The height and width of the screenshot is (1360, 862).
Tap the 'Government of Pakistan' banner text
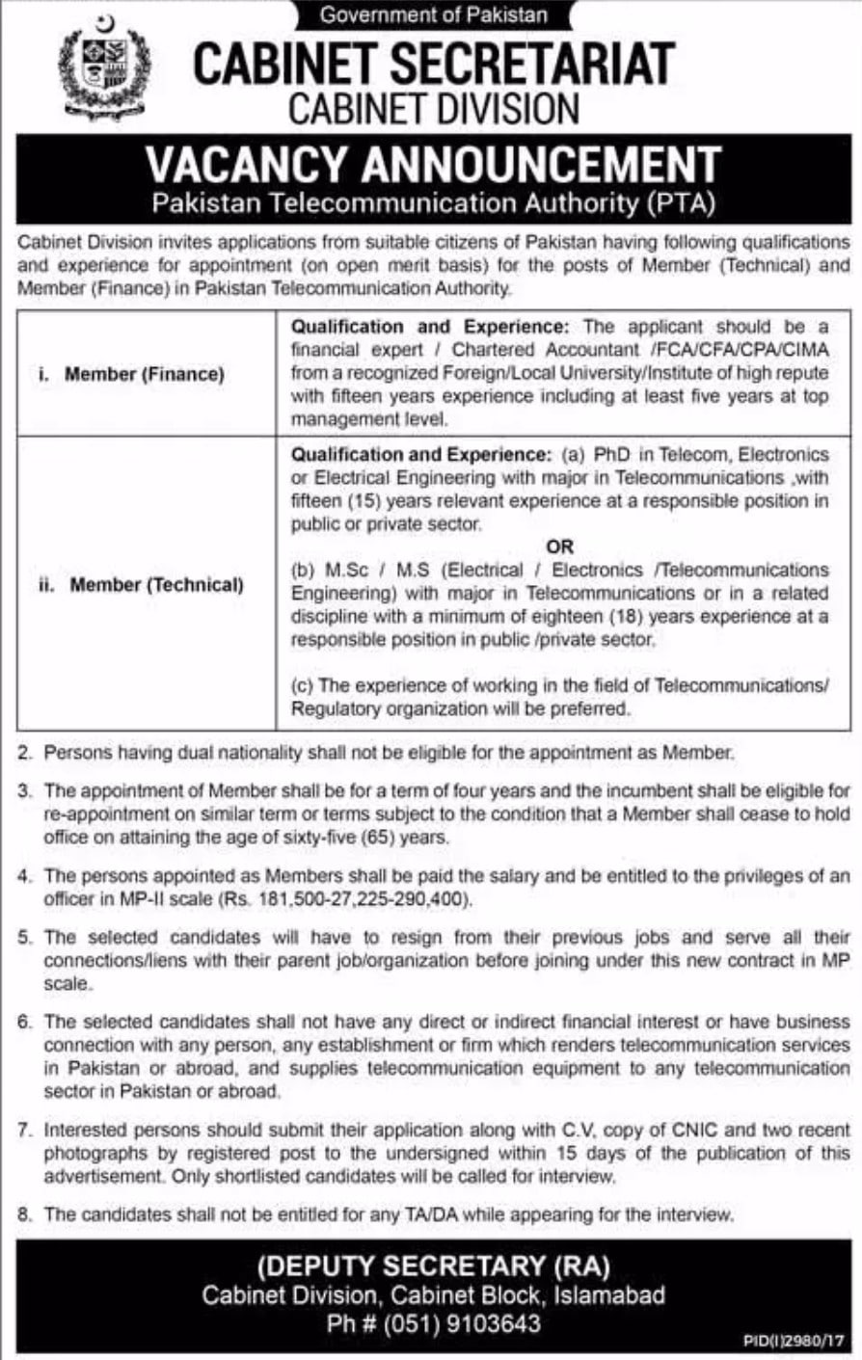(x=433, y=14)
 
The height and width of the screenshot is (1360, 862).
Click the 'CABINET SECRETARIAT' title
(x=433, y=63)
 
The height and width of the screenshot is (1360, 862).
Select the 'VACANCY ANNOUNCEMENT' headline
(x=433, y=164)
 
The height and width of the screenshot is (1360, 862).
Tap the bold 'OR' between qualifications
(x=560, y=547)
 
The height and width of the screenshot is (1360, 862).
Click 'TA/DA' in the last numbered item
(x=432, y=1214)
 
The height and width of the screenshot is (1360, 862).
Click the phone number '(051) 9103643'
(x=464, y=1323)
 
